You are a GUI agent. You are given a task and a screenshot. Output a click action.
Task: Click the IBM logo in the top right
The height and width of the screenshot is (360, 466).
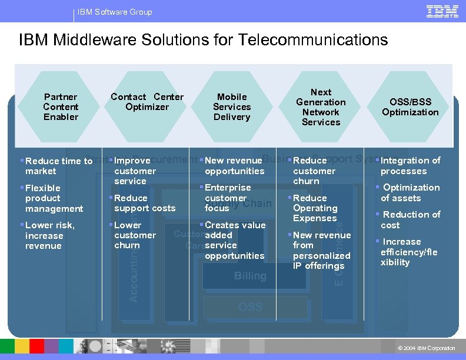(442, 11)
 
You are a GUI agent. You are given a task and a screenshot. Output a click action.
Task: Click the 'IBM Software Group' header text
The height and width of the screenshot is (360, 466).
(115, 12)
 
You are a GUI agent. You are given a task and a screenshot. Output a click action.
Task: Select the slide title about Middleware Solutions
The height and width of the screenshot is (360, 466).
(203, 40)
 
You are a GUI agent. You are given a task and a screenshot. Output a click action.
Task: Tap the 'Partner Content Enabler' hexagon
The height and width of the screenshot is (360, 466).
(61, 106)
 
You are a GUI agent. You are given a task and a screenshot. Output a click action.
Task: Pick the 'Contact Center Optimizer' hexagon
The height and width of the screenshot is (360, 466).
(147, 102)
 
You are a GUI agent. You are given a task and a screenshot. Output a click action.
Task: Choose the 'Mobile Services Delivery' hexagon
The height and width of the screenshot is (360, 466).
(232, 106)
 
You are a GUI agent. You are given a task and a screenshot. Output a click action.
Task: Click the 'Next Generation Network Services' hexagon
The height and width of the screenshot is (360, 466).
(321, 106)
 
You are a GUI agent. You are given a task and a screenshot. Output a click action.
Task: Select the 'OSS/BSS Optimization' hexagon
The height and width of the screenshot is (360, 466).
(410, 106)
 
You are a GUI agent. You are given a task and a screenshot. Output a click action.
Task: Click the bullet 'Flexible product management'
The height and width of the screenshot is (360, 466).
(54, 198)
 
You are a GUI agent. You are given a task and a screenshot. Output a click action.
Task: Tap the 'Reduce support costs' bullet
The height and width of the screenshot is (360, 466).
(144, 203)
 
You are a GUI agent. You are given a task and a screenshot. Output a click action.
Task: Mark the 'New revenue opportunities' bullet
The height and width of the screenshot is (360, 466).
(234, 165)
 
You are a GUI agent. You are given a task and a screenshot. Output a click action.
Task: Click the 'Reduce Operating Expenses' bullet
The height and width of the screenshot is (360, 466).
(315, 208)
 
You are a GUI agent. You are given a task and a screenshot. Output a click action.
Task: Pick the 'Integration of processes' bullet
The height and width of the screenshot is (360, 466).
(410, 165)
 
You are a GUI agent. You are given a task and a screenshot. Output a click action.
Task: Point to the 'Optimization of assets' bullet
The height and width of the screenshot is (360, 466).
(410, 192)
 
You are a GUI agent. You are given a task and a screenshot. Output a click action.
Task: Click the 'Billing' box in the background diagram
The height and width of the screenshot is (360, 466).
(250, 275)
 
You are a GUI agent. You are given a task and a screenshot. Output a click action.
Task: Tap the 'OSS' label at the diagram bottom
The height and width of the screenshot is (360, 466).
(250, 306)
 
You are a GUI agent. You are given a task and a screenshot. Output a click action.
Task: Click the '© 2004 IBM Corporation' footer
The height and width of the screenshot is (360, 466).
(427, 348)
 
